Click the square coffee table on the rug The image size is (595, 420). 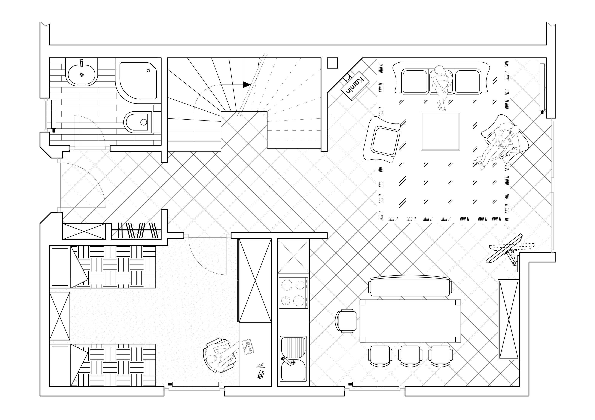click(440, 131)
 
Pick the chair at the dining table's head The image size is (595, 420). click(346, 321)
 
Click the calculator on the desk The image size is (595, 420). click(261, 375)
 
